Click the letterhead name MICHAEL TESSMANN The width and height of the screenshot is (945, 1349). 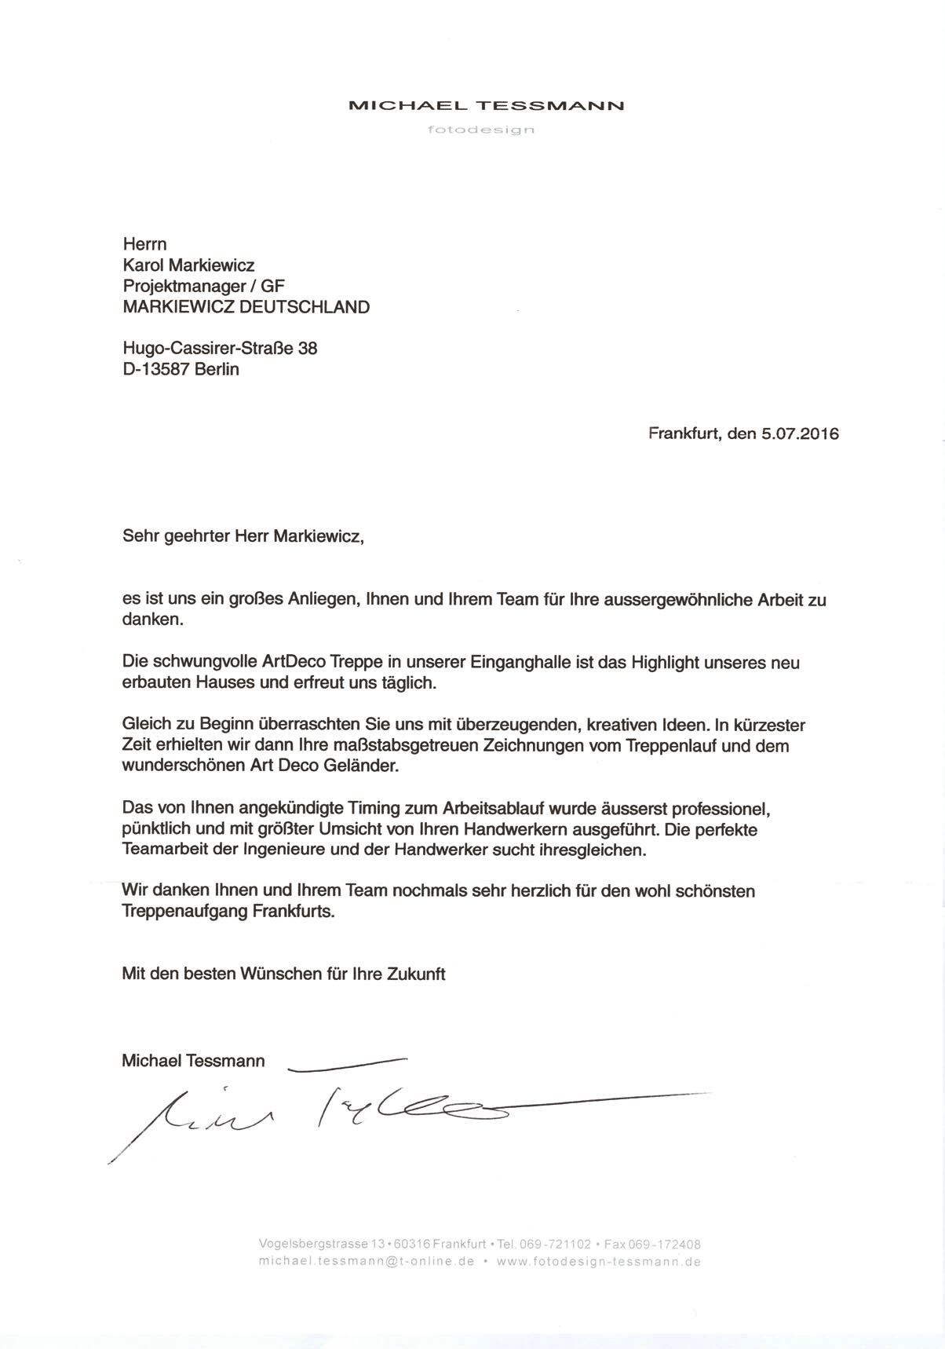pyautogui.click(x=486, y=105)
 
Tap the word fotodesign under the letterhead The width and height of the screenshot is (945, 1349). pyautogui.click(x=481, y=130)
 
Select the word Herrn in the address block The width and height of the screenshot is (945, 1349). pyautogui.click(x=145, y=244)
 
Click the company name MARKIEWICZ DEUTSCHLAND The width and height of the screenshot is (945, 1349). pyautogui.click(x=246, y=307)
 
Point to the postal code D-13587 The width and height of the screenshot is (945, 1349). pyautogui.click(x=156, y=369)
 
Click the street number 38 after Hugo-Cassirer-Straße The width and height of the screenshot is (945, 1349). pyautogui.click(x=308, y=348)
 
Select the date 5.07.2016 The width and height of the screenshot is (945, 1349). pyautogui.click(x=800, y=433)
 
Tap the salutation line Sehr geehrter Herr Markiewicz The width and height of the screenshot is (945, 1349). pyautogui.click(x=244, y=536)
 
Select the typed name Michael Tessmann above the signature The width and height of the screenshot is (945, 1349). pyautogui.click(x=193, y=1061)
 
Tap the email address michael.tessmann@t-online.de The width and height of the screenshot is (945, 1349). pyautogui.click(x=367, y=1262)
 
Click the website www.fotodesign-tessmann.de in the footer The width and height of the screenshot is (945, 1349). pyautogui.click(x=598, y=1262)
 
